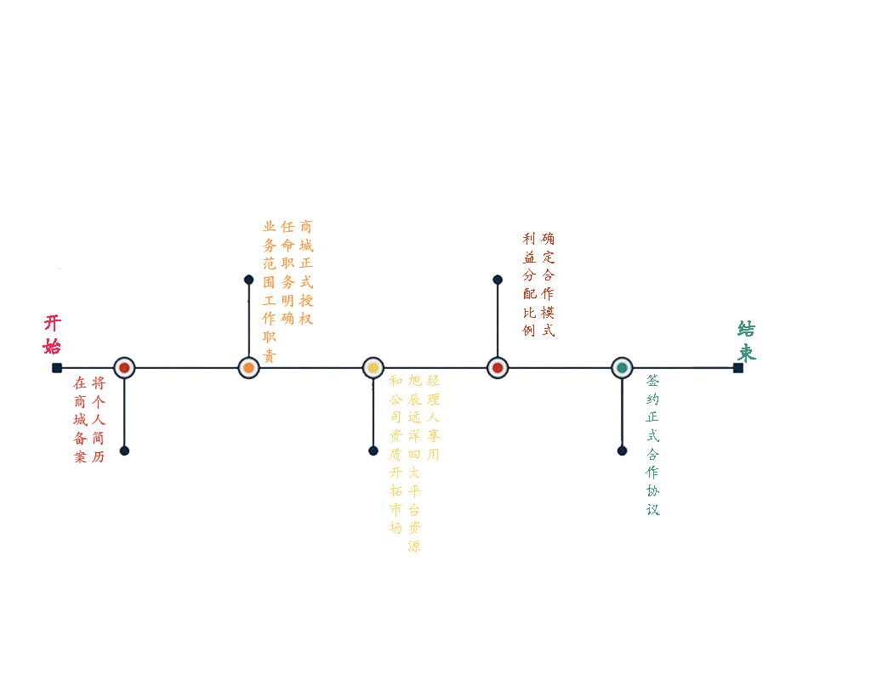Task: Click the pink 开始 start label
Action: pyautogui.click(x=52, y=334)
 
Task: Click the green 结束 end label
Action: pyautogui.click(x=747, y=341)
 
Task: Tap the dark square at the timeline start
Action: pyautogui.click(x=57, y=367)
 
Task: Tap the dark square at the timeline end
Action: pyautogui.click(x=737, y=367)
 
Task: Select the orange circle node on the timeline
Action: pyautogui.click(x=249, y=367)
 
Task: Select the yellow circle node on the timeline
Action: pyautogui.click(x=373, y=367)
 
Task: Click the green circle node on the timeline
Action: pyautogui.click(x=622, y=367)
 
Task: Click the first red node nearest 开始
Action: pyautogui.click(x=124, y=367)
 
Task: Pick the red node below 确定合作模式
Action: pyautogui.click(x=498, y=367)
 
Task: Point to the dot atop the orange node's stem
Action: pyautogui.click(x=249, y=280)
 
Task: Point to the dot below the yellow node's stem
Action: pyautogui.click(x=373, y=450)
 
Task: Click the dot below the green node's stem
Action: pyautogui.click(x=622, y=450)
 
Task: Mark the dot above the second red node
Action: pyautogui.click(x=498, y=280)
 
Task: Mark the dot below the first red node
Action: pyautogui.click(x=124, y=450)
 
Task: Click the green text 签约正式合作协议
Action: pyautogui.click(x=652, y=445)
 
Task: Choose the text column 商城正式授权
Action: pyautogui.click(x=306, y=272)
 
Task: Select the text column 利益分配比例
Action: pyautogui.click(x=529, y=284)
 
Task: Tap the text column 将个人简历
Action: pyautogui.click(x=99, y=420)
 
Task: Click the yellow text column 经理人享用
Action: pyautogui.click(x=433, y=417)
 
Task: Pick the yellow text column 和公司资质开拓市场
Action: pyautogui.click(x=396, y=454)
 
